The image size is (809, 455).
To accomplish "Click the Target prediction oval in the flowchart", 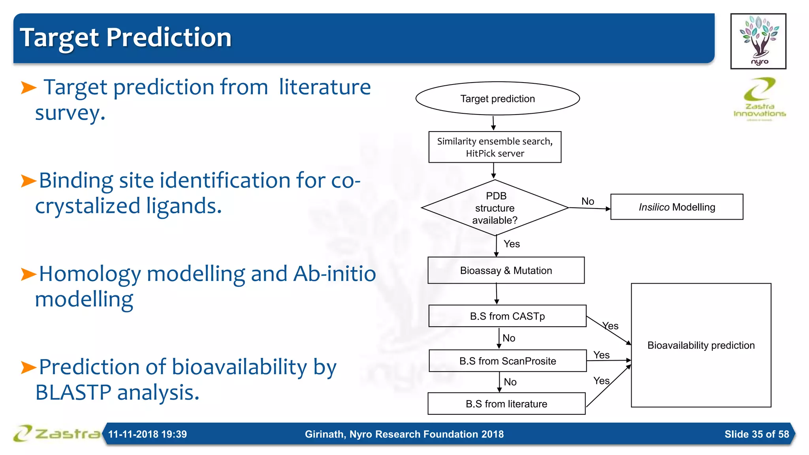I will pos(497,98).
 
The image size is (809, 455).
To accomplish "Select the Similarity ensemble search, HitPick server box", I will pos(495,147).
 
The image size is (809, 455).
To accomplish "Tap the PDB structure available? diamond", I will pos(495,208).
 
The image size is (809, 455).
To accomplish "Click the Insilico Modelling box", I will pos(676,207).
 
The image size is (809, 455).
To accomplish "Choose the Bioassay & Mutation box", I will pos(506,271).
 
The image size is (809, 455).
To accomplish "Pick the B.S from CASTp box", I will pos(507,316).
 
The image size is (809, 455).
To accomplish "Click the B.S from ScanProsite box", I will pos(507,361).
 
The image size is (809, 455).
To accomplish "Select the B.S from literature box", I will pos(506,404).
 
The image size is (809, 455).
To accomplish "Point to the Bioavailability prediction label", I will pos(701,345).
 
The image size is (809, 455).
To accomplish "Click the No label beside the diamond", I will pos(587,201).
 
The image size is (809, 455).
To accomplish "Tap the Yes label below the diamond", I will pos(512,244).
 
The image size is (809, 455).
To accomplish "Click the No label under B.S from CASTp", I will pos(509,338).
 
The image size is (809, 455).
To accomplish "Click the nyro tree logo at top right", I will pos(758,41).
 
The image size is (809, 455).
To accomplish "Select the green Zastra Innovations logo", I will pos(759,98).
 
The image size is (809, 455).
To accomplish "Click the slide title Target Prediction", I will pos(126,38).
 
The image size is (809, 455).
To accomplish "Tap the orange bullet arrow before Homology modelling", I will pos(28,274).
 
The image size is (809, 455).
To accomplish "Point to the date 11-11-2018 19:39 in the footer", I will pos(147,434).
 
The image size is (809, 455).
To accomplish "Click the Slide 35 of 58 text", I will pos(756,434).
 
